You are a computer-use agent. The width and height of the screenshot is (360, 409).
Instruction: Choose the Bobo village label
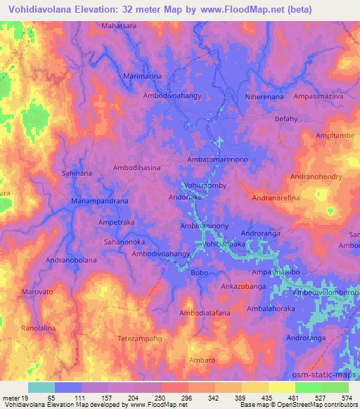click(200, 272)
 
